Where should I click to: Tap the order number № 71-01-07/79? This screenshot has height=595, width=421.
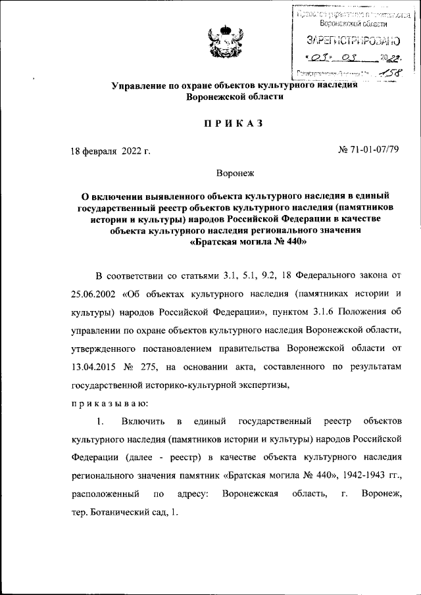click(x=368, y=150)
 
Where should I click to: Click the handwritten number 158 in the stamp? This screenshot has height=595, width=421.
click(x=387, y=72)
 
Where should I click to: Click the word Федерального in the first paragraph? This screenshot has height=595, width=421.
click(x=322, y=273)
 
